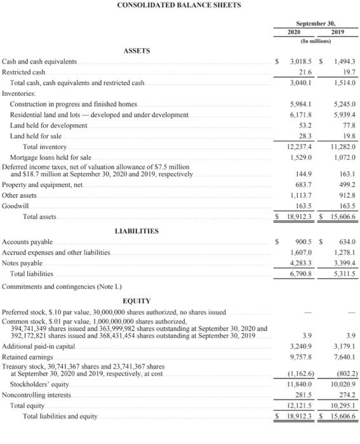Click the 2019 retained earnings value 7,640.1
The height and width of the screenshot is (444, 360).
[345, 357]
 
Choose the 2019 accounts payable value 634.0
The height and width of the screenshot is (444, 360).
[347, 242]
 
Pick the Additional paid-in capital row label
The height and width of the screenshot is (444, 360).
[39, 346]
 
